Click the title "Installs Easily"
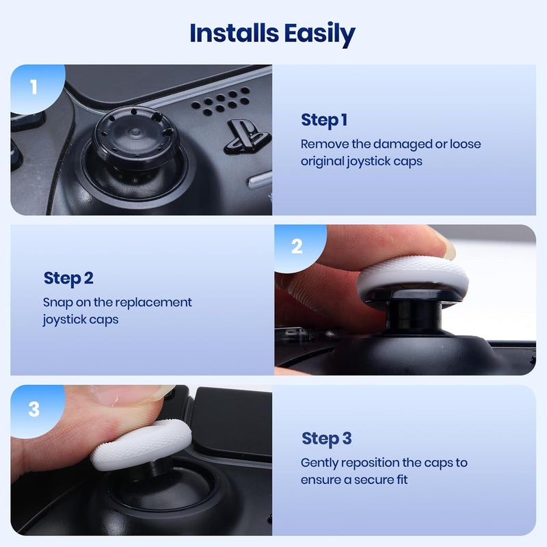point(273,33)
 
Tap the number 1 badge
point(34,88)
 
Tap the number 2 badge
point(296,247)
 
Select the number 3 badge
point(34,409)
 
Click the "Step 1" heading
point(324,120)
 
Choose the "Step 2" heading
point(68,278)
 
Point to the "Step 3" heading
point(326,438)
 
